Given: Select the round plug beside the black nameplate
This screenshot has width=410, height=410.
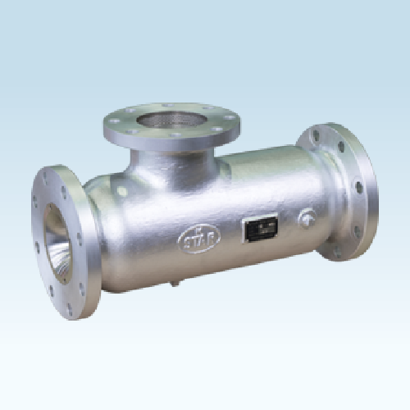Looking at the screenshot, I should point(307,218).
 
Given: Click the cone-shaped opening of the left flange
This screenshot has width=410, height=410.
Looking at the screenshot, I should point(59,243).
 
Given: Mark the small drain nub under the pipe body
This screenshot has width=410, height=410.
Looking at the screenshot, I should point(173,285).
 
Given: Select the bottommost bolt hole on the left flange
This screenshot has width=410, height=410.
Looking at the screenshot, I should point(69,308).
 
